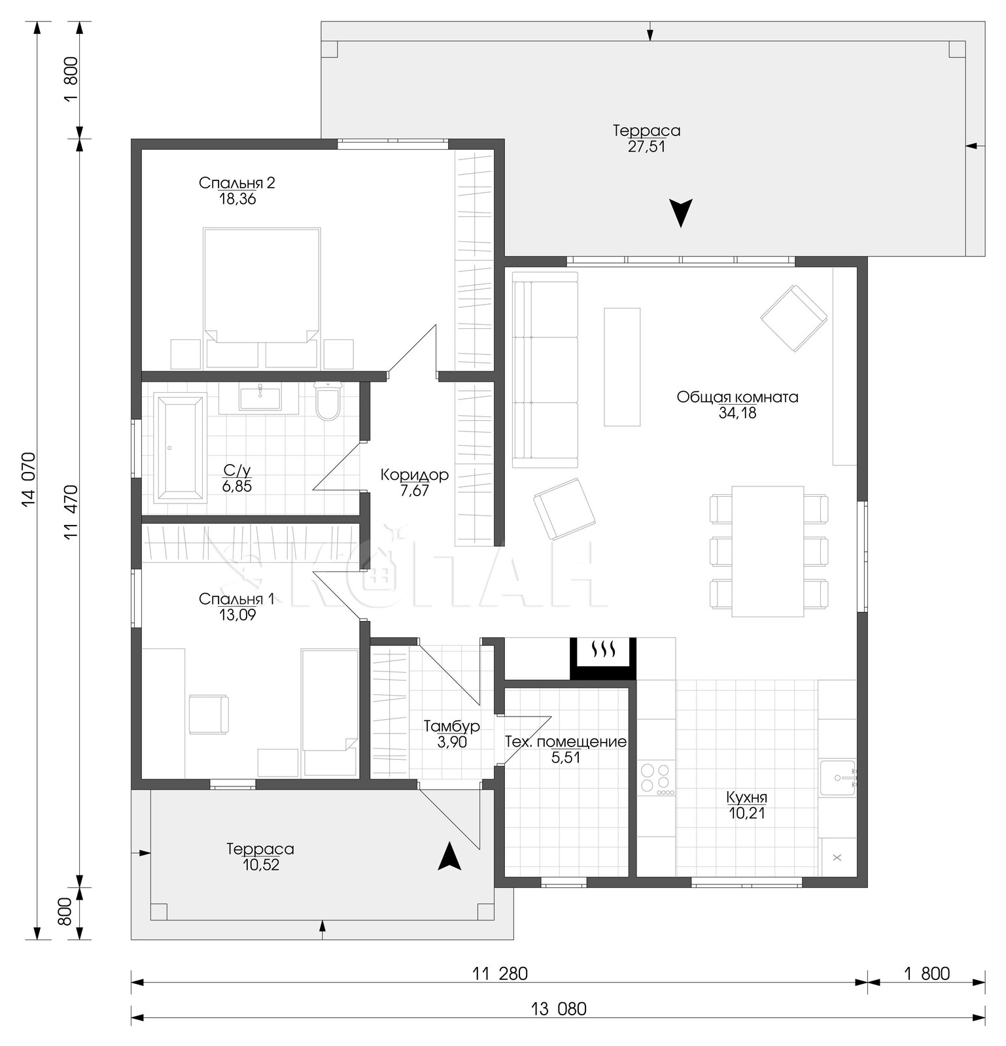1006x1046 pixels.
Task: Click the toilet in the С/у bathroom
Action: (328, 401)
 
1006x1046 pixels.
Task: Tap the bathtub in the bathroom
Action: (180, 448)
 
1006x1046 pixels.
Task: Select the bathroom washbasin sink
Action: (260, 398)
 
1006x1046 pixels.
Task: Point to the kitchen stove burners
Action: (656, 779)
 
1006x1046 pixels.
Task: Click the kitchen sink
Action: (837, 777)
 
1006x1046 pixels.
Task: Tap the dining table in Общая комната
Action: (768, 551)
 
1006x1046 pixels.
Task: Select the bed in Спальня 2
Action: (262, 297)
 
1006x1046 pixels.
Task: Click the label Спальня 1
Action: (236, 599)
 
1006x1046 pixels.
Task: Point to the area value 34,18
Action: (737, 413)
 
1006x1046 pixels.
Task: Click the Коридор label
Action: (415, 475)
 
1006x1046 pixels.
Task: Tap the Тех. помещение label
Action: (566, 742)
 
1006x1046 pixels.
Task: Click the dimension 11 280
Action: (500, 974)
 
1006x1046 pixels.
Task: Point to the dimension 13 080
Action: (559, 1009)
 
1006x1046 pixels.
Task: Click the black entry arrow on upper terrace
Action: (681, 213)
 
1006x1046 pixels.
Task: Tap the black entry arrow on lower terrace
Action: (449, 856)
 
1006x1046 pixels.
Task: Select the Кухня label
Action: (746, 798)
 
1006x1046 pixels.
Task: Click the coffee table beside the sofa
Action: (622, 367)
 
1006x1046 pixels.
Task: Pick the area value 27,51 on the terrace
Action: (646, 146)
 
